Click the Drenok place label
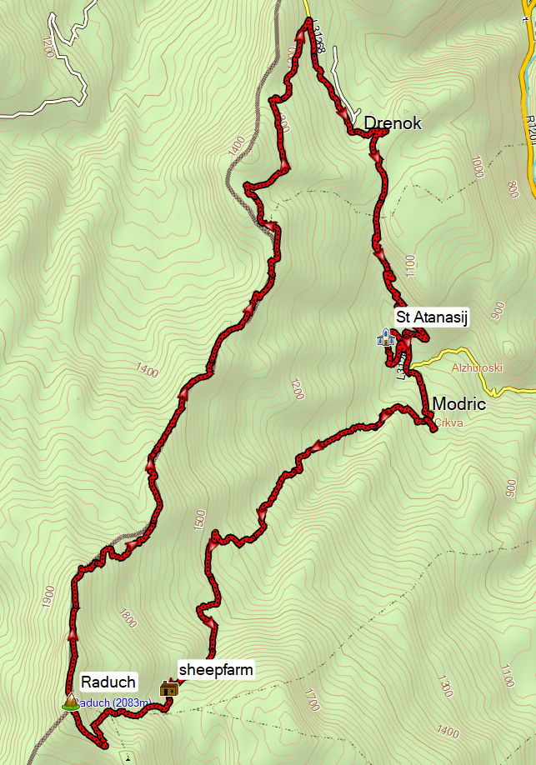coord(393,123)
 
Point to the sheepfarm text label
coord(216,669)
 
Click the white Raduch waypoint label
coord(108,681)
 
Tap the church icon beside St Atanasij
coord(385,337)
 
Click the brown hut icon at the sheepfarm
coord(169,687)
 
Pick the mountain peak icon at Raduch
coord(70,702)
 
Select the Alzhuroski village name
coord(474,367)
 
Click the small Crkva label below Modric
coord(448,422)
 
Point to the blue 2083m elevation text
coord(117,704)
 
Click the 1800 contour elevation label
coord(126,618)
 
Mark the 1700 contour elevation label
coord(312,699)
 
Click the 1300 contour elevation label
coord(446,688)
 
